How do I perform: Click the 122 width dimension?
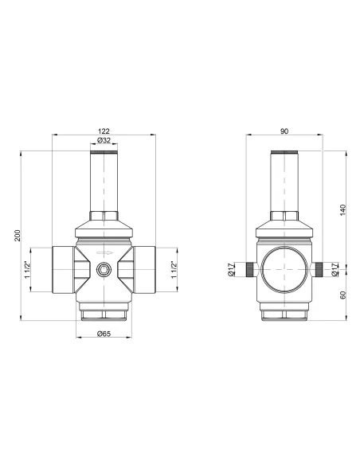pos(104,131)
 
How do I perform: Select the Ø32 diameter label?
pos(104,141)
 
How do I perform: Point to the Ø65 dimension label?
pos(104,334)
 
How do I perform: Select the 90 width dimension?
pos(285,131)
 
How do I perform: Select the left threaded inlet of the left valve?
pos(63,269)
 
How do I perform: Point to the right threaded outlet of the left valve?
pos(144,269)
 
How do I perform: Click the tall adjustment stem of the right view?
pos(284,182)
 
